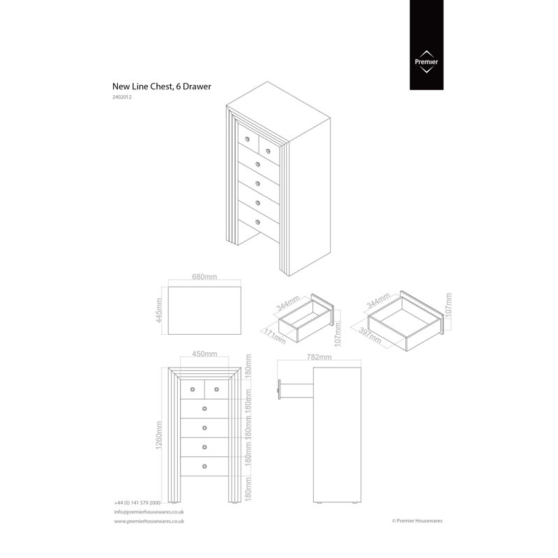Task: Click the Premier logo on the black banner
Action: (426, 62)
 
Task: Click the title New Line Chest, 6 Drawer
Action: (162, 86)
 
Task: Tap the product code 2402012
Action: (121, 97)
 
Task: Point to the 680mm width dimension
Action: (204, 276)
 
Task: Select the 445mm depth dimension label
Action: (159, 310)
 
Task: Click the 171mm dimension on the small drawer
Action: (274, 336)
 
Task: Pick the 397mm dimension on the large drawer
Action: (370, 335)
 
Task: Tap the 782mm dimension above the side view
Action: (319, 356)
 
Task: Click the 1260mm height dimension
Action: (159, 435)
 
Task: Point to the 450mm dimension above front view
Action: (204, 354)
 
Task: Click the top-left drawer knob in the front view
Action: (193, 389)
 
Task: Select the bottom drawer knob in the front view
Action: (204, 466)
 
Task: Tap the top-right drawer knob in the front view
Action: (216, 389)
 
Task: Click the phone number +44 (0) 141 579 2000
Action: (137, 503)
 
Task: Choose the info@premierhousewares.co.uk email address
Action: (149, 512)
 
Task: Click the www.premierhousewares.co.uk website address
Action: (149, 521)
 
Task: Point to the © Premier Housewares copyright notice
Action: (417, 520)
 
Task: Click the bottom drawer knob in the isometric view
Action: (257, 223)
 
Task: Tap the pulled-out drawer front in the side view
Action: (280, 390)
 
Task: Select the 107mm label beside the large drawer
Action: (448, 305)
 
